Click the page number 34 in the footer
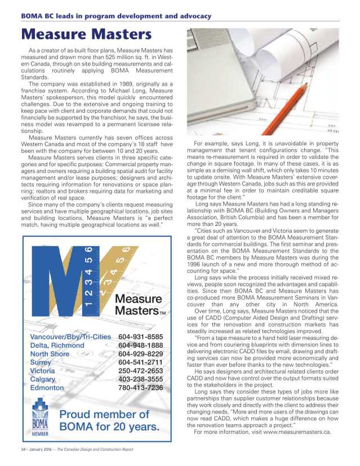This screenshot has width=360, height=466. tap(23, 449)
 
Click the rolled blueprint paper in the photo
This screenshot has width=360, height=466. tap(315, 45)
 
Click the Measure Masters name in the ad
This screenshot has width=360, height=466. tap(138, 304)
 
